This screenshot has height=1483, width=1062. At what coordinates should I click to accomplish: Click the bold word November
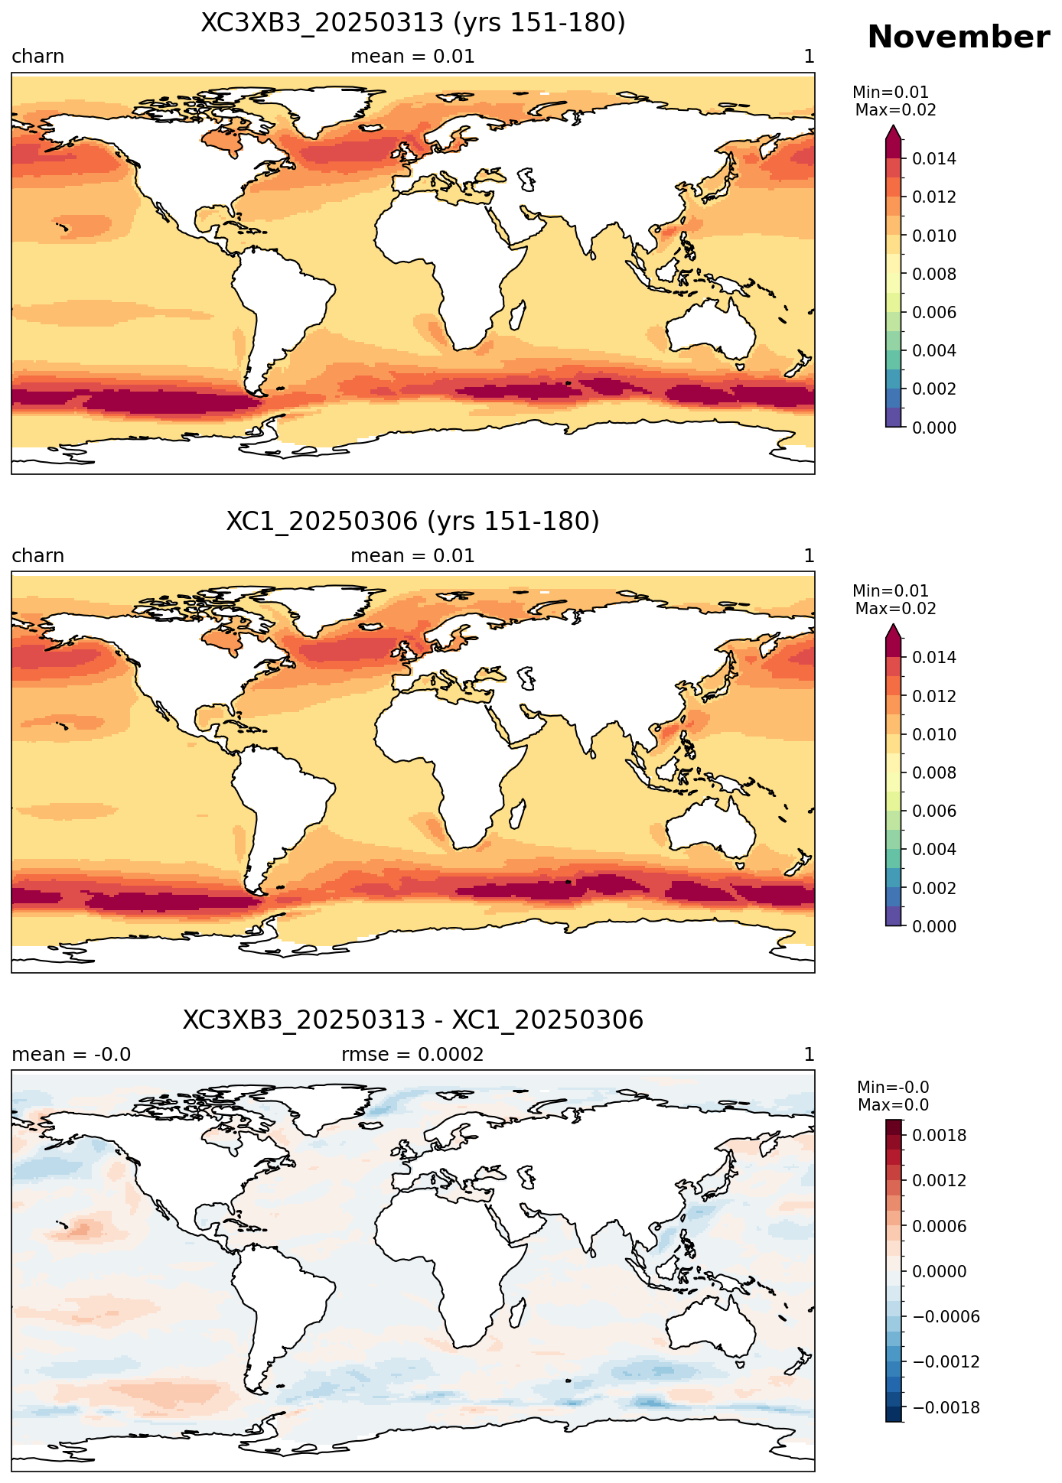(958, 37)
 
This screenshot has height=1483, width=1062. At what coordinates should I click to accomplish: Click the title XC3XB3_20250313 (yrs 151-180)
(413, 23)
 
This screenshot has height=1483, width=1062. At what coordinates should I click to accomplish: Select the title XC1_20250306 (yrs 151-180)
(413, 522)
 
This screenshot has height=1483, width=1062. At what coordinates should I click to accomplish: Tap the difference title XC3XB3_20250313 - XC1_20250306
(413, 1020)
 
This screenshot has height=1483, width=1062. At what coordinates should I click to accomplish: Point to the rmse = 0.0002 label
(412, 1055)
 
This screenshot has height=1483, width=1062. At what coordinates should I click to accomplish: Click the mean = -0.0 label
(71, 1055)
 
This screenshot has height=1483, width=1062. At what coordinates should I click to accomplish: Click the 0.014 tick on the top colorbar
(934, 159)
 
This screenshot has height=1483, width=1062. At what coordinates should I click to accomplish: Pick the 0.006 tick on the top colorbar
(934, 312)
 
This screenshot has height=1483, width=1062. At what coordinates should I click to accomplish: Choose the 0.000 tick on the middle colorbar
(934, 926)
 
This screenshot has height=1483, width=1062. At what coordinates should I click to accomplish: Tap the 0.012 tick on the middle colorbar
(934, 696)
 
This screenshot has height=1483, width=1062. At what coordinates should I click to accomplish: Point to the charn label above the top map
(37, 57)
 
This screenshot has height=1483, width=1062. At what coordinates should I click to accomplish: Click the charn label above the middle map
(37, 556)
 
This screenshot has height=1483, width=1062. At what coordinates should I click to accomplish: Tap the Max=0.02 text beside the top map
(895, 110)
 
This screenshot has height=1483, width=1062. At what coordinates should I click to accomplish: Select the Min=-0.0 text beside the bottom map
(893, 1088)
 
